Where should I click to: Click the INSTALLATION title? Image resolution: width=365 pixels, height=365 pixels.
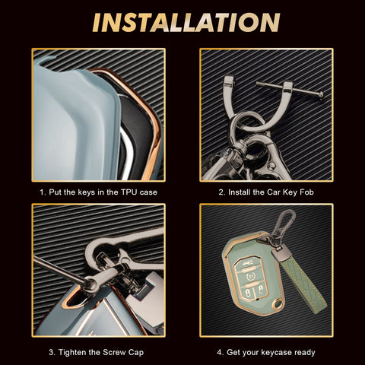coord(186,23)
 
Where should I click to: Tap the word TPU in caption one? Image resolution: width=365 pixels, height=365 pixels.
coord(129,192)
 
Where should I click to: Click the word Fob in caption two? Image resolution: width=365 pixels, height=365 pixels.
coord(306,192)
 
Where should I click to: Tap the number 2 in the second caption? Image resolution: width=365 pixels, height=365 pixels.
coord(221,192)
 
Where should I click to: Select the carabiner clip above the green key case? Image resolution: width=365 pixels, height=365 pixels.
coord(284,223)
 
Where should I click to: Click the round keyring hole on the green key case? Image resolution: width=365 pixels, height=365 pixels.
coord(279,303)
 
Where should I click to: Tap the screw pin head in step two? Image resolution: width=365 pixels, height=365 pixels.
coord(320,95)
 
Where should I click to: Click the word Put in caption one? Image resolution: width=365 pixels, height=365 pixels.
coord(56,192)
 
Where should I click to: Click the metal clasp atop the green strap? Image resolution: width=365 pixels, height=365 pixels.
coord(279,252)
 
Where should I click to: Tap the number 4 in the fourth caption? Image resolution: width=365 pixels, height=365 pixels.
coord(220,352)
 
